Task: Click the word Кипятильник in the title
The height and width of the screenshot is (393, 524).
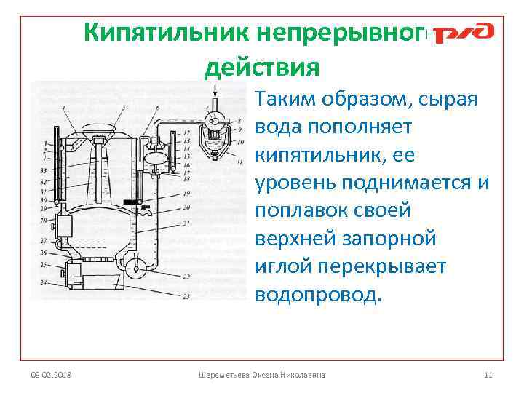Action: [163, 32]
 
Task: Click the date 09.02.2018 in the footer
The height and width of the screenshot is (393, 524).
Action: [51, 374]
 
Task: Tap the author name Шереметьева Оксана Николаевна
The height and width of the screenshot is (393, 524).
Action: [262, 374]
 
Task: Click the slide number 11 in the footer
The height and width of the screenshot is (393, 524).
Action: [488, 374]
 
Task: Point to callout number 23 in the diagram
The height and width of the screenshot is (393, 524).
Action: [187, 296]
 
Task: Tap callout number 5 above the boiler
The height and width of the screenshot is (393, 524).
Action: [125, 108]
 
